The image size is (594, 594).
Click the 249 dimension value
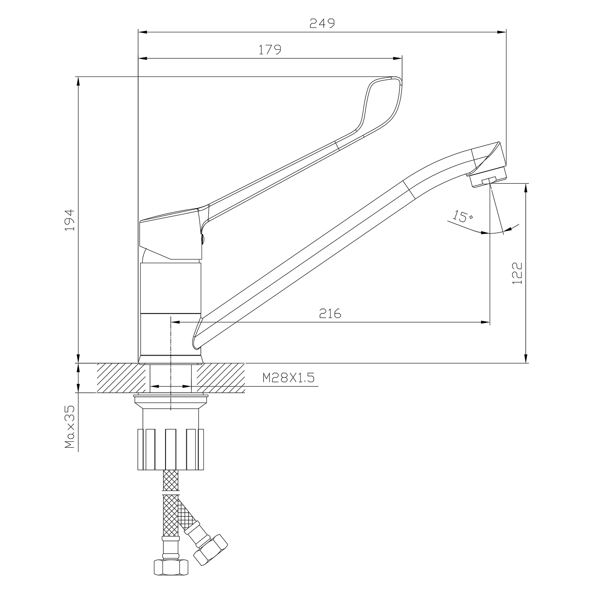click(x=322, y=23)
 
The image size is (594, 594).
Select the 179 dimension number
click(x=270, y=50)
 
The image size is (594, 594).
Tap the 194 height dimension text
click(x=70, y=220)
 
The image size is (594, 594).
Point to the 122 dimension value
click(x=517, y=273)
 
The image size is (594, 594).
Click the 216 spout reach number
click(x=330, y=314)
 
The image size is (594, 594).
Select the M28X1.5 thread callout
click(x=288, y=378)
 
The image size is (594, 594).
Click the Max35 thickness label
click(x=70, y=427)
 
